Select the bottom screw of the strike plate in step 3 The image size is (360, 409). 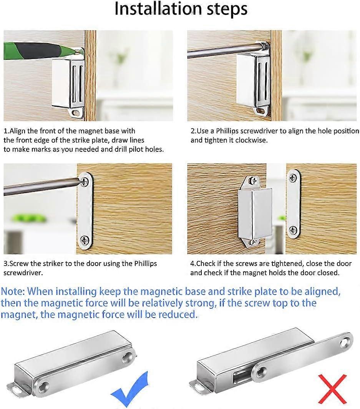[x=85, y=241]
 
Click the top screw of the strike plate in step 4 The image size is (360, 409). [x=293, y=178]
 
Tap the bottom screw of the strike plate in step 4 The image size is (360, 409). [x=293, y=230]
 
